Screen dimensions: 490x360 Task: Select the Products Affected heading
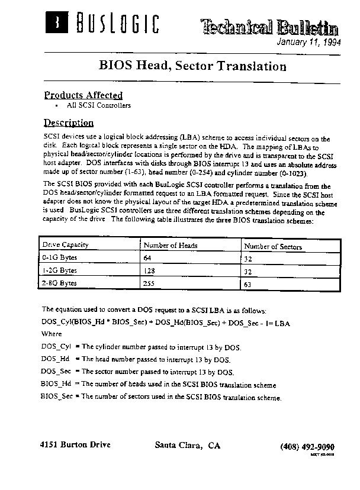click(83, 95)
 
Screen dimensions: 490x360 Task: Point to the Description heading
click(69, 123)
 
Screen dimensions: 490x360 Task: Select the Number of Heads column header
click(171, 246)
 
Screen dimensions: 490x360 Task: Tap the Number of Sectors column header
click(273, 247)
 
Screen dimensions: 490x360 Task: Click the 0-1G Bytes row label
click(59, 258)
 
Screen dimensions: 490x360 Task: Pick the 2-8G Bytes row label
click(59, 283)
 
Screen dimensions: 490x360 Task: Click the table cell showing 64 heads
click(148, 259)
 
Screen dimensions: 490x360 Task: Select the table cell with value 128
click(150, 271)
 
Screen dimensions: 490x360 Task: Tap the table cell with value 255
click(150, 284)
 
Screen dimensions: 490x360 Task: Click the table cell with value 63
click(248, 285)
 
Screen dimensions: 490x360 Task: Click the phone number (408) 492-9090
click(307, 446)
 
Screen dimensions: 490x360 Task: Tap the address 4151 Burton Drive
click(75, 445)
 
